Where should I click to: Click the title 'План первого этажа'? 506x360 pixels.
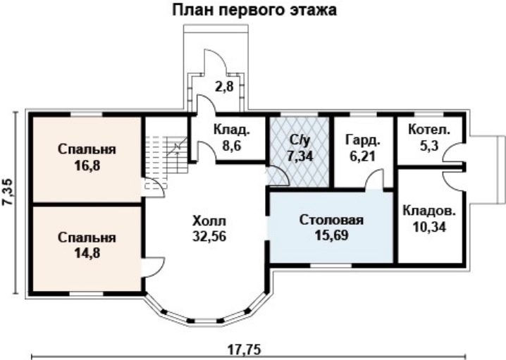253,11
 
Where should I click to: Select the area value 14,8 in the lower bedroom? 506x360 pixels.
87,250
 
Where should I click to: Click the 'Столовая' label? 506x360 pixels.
331,220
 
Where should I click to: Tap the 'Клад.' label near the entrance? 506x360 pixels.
230,130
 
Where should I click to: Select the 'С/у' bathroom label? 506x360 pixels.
297,139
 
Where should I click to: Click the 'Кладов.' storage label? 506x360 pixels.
428,210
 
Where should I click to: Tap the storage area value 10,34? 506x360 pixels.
428,226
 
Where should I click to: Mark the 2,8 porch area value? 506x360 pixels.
224,87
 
